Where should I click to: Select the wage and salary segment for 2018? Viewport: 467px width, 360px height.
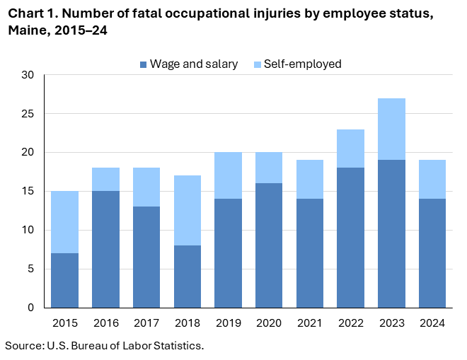pyautogui.click(x=188, y=277)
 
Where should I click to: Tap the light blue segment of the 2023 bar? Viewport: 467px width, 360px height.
pyautogui.click(x=391, y=129)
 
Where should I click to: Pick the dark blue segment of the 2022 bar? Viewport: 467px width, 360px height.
pyautogui.click(x=350, y=238)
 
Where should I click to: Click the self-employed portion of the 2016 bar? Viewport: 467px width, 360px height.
pyautogui.click(x=105, y=180)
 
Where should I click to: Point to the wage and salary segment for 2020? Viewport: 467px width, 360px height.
pyautogui.click(x=269, y=245)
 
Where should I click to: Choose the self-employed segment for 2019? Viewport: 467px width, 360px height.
pyautogui.click(x=228, y=175)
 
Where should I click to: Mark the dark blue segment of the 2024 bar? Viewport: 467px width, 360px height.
pyautogui.click(x=432, y=253)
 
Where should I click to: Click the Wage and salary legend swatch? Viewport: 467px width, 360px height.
pyautogui.click(x=144, y=64)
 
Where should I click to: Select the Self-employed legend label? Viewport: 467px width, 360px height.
pyautogui.click(x=302, y=64)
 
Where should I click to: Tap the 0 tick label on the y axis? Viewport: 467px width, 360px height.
pyautogui.click(x=30, y=308)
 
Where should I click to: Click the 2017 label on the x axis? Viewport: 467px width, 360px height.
pyautogui.click(x=146, y=323)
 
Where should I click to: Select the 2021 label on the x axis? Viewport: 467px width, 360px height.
pyautogui.click(x=309, y=323)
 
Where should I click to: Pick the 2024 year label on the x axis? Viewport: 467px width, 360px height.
pyautogui.click(x=432, y=323)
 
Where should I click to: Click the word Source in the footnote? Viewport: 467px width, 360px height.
pyautogui.click(x=23, y=345)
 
